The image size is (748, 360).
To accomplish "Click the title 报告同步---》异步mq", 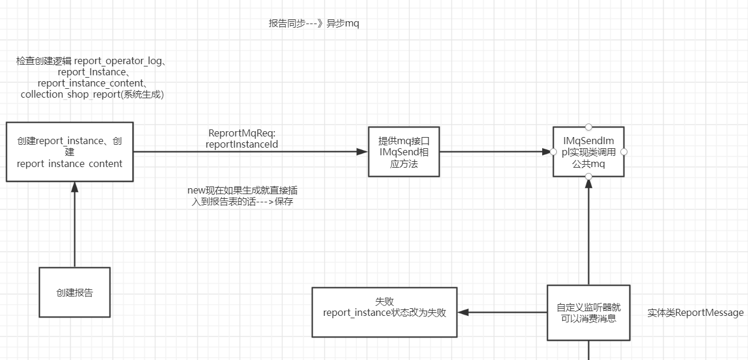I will [x=313, y=24].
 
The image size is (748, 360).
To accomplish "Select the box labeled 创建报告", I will [x=75, y=292].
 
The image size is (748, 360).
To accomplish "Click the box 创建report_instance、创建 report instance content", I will [x=69, y=152].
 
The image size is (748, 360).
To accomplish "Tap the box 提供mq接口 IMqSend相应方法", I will [x=404, y=152].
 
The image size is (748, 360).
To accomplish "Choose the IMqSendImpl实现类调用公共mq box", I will [x=588, y=152].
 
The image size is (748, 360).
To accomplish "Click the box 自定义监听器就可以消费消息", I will [x=588, y=312].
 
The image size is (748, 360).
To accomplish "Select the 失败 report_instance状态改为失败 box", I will [x=384, y=312].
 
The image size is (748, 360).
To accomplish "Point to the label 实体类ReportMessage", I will [x=695, y=312].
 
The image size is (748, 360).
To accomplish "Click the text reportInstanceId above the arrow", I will [x=242, y=144].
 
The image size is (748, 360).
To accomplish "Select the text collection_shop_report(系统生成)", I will [x=92, y=94].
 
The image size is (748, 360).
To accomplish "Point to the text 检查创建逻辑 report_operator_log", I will [x=92, y=61].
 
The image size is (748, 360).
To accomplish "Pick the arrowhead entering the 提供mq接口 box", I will [x=362, y=152].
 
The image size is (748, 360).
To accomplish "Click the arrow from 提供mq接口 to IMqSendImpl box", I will [x=494, y=152].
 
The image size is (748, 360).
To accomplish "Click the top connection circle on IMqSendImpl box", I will [x=588, y=126].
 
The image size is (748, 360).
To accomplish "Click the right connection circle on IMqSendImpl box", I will [x=624, y=152].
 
